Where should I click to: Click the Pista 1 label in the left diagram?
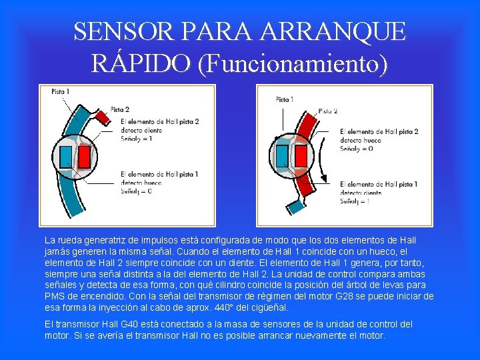click(61, 92)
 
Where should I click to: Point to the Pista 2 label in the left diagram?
click(119, 109)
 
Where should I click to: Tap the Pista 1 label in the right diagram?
click(284, 99)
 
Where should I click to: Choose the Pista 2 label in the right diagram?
click(328, 111)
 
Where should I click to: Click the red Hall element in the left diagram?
click(85, 157)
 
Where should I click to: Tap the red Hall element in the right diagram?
click(301, 156)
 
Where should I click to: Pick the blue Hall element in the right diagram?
click(283, 156)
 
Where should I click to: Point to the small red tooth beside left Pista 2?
click(102, 117)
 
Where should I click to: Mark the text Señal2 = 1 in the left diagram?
click(137, 139)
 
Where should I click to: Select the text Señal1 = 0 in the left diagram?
click(137, 191)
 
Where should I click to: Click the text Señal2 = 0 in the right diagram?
click(357, 148)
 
